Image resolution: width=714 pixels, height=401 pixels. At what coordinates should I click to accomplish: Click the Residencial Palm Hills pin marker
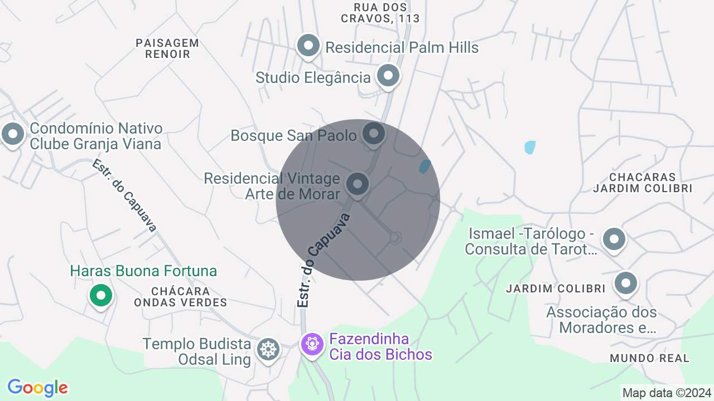pyautogui.click(x=308, y=46)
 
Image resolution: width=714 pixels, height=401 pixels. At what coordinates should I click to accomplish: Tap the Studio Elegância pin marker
pyautogui.click(x=388, y=76)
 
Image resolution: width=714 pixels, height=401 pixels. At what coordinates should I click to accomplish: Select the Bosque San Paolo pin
pyautogui.click(x=374, y=134)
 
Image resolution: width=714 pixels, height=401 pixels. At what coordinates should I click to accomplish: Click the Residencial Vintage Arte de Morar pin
pyautogui.click(x=358, y=184)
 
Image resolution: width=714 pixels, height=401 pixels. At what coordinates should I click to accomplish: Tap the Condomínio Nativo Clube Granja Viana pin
pyautogui.click(x=12, y=134)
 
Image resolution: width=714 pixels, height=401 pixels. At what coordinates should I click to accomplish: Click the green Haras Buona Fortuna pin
pyautogui.click(x=101, y=295)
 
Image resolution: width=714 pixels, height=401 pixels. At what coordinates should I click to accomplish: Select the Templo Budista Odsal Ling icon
pyautogui.click(x=268, y=349)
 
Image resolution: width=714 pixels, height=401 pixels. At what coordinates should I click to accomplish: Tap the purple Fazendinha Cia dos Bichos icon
pyautogui.click(x=312, y=344)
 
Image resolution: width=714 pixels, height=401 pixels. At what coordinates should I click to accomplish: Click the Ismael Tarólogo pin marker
pyautogui.click(x=614, y=239)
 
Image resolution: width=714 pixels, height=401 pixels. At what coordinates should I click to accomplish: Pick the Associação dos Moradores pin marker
pyautogui.click(x=625, y=283)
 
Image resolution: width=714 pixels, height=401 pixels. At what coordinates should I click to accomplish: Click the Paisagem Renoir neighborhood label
pyautogui.click(x=167, y=48)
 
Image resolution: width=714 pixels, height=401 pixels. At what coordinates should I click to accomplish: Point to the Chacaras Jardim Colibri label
pyautogui.click(x=642, y=183)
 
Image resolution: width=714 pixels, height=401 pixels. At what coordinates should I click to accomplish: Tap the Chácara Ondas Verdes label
pyautogui.click(x=180, y=297)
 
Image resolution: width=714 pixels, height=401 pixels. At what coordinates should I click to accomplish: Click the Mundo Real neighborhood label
pyautogui.click(x=650, y=358)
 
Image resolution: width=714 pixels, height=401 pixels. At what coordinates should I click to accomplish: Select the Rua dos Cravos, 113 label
pyautogui.click(x=380, y=13)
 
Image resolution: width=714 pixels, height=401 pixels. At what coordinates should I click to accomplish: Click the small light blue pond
pyautogui.click(x=530, y=148)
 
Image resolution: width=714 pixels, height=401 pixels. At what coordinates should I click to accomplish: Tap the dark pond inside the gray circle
pyautogui.click(x=425, y=167)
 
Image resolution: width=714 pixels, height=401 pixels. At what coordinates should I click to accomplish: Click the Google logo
pyautogui.click(x=37, y=388)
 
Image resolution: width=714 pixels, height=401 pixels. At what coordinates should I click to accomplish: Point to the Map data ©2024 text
pyautogui.click(x=667, y=393)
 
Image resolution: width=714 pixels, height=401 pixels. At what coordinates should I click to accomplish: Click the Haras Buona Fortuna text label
pyautogui.click(x=143, y=271)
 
